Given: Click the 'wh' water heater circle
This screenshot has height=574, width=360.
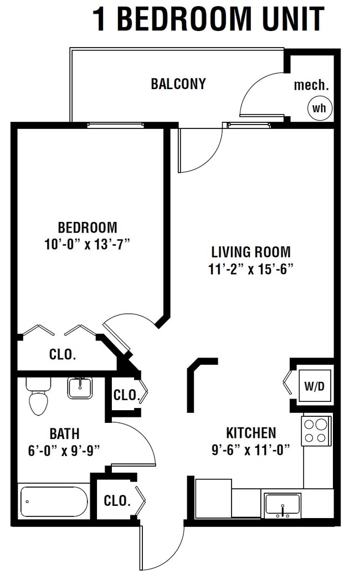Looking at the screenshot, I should [x=320, y=108].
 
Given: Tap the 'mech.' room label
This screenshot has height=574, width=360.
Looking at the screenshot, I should [x=311, y=85].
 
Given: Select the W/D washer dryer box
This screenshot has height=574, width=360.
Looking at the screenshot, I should [x=315, y=386].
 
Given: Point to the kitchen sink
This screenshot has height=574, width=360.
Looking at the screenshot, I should [x=282, y=505].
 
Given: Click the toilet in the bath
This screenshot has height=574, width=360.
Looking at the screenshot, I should [x=38, y=397].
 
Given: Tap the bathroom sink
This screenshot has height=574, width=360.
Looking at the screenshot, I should [x=80, y=387].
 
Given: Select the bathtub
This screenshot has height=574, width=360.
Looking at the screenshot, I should [x=54, y=501].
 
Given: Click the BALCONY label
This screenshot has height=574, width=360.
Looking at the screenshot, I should [x=178, y=84].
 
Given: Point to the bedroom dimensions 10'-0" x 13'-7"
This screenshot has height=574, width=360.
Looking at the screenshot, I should [x=88, y=244].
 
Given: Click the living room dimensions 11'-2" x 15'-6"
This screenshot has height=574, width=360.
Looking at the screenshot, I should [x=251, y=269].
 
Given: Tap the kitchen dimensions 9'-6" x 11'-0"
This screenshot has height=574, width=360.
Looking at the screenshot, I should [x=251, y=449].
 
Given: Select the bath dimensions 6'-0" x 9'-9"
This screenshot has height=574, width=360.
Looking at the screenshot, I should [x=64, y=449].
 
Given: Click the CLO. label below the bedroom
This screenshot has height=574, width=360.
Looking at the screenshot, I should [x=63, y=355].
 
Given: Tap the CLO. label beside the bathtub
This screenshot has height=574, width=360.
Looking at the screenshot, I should [x=117, y=501].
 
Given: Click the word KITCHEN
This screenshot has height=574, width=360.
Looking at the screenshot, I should [x=251, y=433].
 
